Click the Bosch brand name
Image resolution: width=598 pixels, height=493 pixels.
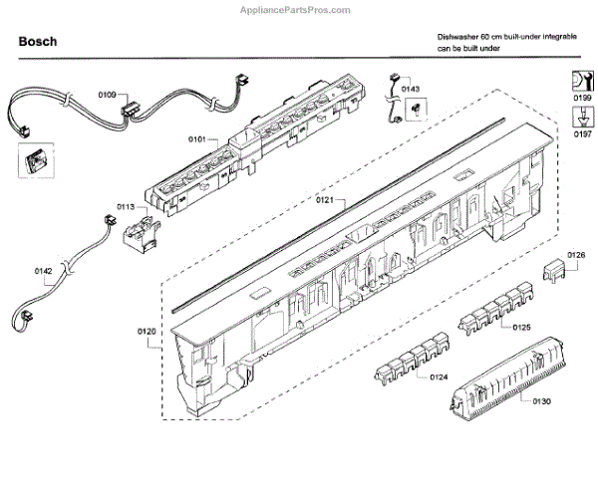pos(38,43)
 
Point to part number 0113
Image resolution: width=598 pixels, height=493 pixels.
pos(125,207)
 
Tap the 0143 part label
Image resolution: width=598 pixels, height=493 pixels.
pos(411,90)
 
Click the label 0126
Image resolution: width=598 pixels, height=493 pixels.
pos(577,256)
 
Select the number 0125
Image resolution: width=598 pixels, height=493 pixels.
pos(520,327)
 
